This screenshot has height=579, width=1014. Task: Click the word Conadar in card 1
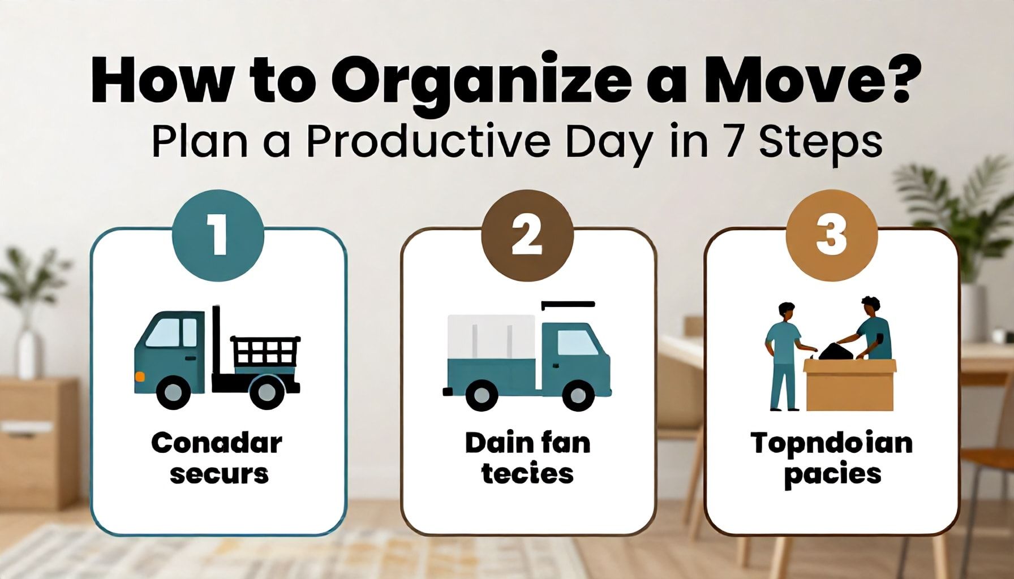click(x=217, y=443)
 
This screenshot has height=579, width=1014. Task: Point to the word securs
click(x=219, y=474)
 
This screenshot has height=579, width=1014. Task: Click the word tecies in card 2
click(x=527, y=473)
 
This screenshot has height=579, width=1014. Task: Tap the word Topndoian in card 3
click(x=832, y=443)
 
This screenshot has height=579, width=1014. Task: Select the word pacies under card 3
click(x=832, y=474)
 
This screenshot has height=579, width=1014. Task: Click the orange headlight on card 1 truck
click(x=140, y=375)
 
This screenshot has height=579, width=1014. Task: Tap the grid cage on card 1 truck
click(x=265, y=351)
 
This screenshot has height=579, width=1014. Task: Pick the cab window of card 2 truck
click(x=577, y=343)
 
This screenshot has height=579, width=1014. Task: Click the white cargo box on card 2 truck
click(x=491, y=337)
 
